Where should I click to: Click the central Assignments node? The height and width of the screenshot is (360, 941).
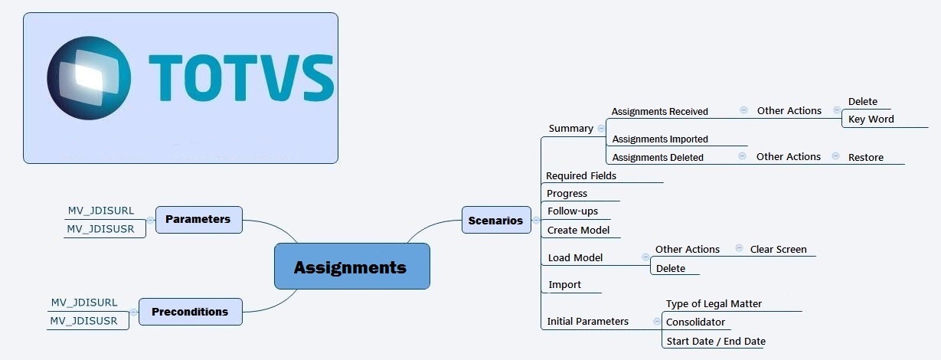pos(351,267)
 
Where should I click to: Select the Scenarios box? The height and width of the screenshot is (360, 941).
pos(496,220)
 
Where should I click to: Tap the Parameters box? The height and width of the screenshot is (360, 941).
pos(198,219)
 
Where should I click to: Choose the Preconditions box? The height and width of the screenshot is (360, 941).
pos(190,312)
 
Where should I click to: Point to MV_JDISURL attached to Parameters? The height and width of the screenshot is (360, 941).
pos(100,211)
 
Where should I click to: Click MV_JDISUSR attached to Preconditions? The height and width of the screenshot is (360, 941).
pos(83,321)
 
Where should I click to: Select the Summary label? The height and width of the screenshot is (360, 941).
pos(570,128)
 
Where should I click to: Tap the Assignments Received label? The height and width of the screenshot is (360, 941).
pos(659,112)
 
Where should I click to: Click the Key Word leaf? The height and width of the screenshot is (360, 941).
pos(871,119)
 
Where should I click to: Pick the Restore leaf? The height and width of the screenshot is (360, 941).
pos(865,158)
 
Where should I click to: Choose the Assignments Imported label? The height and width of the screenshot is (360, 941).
pos(659,139)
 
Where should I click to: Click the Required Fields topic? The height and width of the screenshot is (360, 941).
pos(580,176)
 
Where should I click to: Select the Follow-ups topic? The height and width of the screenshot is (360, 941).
pos(572,211)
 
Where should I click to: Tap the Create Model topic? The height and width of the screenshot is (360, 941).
pos(578,231)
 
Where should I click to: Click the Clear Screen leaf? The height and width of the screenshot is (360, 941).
pos(778,250)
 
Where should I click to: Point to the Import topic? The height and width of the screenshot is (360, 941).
pos(564,285)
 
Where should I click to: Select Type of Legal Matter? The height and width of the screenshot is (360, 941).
pos(714,304)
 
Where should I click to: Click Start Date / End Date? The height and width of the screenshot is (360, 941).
pos(715,342)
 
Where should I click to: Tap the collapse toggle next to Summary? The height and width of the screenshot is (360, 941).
pos(601,129)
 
